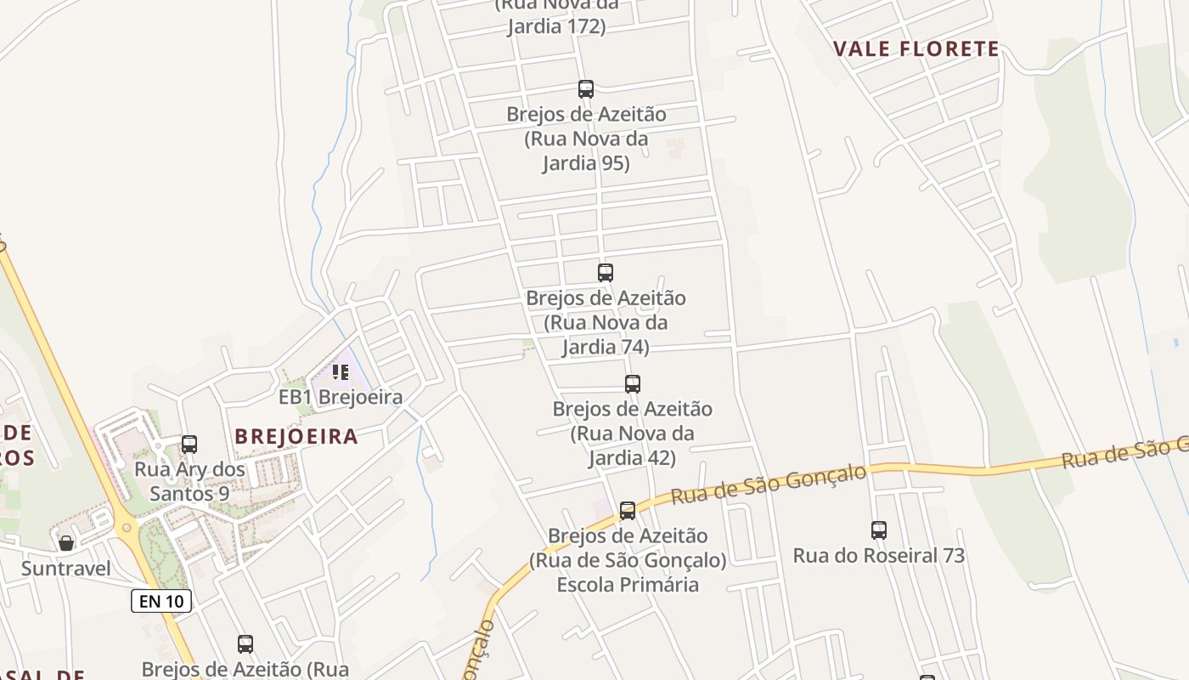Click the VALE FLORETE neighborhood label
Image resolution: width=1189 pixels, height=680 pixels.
pos(916,48)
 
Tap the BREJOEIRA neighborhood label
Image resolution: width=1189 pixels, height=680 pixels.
pos(296,437)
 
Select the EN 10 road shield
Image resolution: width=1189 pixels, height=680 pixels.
pos(161,601)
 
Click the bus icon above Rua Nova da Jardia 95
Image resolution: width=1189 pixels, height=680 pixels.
pos(585,89)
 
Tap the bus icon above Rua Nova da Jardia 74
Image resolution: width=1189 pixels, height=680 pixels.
pos(605,273)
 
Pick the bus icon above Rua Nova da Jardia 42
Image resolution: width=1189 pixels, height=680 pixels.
pos(632,384)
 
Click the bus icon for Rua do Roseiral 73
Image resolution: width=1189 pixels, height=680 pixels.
pos(879,530)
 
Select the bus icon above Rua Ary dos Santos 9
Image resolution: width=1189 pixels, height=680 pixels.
pos(189,445)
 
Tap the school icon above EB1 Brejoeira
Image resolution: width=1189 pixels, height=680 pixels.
pos(341,372)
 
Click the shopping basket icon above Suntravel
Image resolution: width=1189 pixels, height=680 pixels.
pos(66,543)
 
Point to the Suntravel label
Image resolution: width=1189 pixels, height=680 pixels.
pos(66,568)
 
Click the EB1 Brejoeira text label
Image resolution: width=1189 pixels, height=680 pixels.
pos(341,397)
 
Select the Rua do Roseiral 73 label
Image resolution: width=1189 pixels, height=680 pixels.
pos(879,556)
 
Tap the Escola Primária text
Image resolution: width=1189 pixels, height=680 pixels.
pos(628,585)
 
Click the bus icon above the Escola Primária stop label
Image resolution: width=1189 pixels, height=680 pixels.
pos(627,511)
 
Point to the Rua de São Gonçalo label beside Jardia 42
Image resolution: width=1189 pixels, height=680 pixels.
pos(769,484)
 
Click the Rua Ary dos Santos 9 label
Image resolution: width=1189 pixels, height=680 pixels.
pos(189,481)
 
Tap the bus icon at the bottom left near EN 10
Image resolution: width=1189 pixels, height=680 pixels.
pos(245,644)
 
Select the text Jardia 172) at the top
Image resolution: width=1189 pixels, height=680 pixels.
pos(556,26)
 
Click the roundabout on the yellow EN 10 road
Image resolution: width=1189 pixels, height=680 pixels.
pos(128,527)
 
